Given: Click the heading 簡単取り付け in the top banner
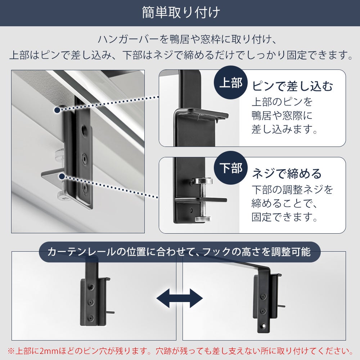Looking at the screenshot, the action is pyautogui.click(x=181, y=13).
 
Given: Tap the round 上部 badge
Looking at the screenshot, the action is pyautogui.click(x=231, y=82).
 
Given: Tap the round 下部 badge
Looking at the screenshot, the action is pyautogui.click(x=231, y=168).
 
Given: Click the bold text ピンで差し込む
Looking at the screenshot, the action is pyautogui.click(x=292, y=86).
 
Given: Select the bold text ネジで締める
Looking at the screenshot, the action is pyautogui.click(x=287, y=174).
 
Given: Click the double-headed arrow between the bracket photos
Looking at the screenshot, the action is pyautogui.click(x=180, y=298).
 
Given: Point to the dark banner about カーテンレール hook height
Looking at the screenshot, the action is pyautogui.click(x=180, y=252).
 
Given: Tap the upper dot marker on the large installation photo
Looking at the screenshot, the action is pyautogui.click(x=57, y=110).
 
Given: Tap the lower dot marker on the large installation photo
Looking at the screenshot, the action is pyautogui.click(x=61, y=176).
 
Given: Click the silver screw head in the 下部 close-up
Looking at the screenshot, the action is pyautogui.click(x=202, y=181).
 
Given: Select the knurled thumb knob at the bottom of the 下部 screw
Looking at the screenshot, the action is pyautogui.click(x=202, y=219).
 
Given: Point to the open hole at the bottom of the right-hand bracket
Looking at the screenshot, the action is pyautogui.click(x=264, y=325).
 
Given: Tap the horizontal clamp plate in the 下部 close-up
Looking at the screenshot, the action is pyautogui.click(x=201, y=200).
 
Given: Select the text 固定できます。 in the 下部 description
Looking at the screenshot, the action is pyautogui.click(x=284, y=217).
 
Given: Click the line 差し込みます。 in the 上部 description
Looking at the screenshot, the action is pyautogui.click(x=284, y=129).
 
